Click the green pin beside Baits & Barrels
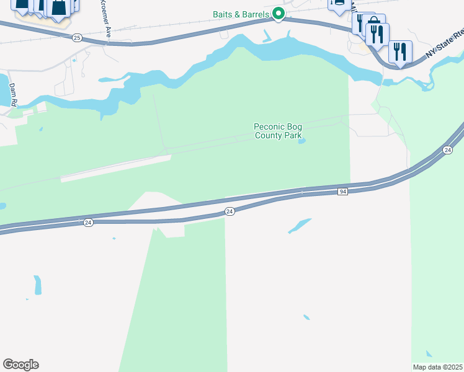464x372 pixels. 279,12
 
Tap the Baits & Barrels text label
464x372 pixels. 241,14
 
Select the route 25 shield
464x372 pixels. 76,38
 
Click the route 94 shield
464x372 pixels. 343,192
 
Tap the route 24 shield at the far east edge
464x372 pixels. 447,151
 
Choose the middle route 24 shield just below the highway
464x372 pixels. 230,212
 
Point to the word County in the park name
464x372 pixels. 269,135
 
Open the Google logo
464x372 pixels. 20,365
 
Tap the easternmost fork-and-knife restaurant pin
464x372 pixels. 400,51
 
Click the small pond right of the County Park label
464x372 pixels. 301,141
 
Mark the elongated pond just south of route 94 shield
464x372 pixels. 300,226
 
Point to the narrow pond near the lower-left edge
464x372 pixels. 38,285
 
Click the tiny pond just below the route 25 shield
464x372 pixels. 74,60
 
